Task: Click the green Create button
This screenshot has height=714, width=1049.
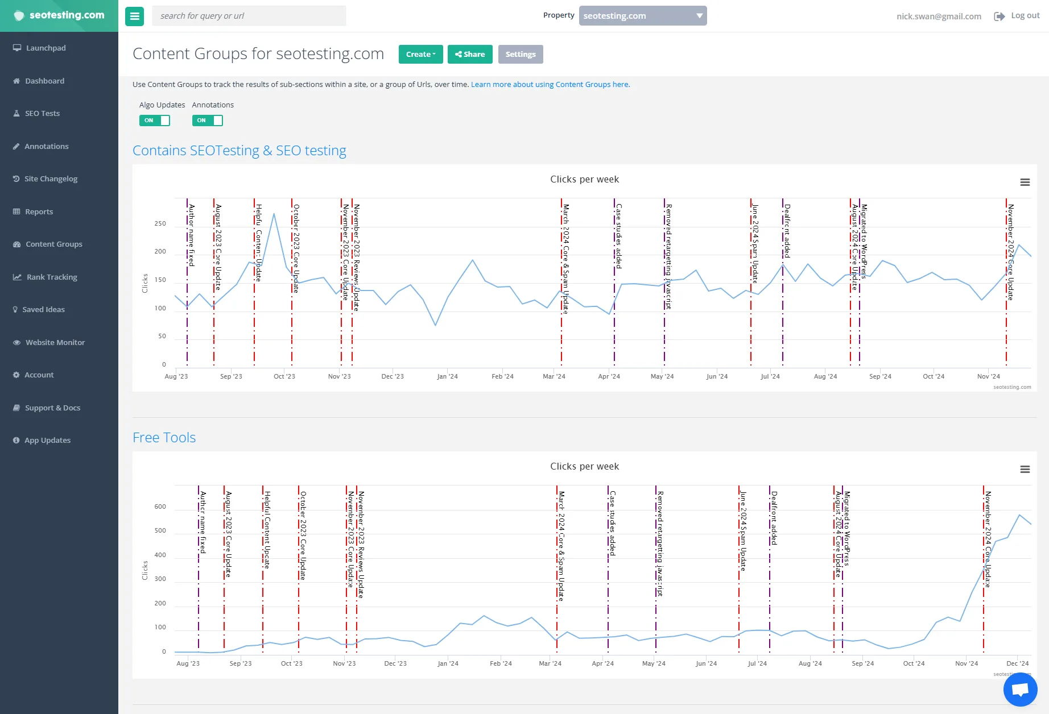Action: [x=420, y=55]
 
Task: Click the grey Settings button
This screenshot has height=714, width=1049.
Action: [x=521, y=55]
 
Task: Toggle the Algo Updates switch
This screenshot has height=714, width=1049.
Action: [x=154, y=121]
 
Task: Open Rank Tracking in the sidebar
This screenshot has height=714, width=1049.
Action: [x=51, y=277]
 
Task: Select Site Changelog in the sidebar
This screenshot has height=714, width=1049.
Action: [x=51, y=179]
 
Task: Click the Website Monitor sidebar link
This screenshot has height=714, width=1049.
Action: [x=55, y=343]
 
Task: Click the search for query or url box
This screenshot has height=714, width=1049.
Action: [x=249, y=16]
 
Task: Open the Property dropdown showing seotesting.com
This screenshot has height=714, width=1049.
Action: [x=642, y=16]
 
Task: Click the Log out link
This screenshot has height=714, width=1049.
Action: [x=1025, y=16]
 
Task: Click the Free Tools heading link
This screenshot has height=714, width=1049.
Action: [x=164, y=438]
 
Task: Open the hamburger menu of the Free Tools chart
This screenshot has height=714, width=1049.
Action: [x=1025, y=470]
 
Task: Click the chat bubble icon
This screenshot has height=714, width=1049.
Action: [x=1020, y=689]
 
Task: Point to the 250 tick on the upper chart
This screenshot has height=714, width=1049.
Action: [x=160, y=224]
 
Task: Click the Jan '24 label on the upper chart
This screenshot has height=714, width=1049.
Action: [x=447, y=376]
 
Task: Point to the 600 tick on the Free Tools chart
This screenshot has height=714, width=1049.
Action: [x=160, y=507]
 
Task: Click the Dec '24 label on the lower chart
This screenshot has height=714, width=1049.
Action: [x=1017, y=663]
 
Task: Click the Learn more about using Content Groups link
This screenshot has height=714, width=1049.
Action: [x=550, y=85]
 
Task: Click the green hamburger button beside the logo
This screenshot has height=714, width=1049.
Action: [x=135, y=16]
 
